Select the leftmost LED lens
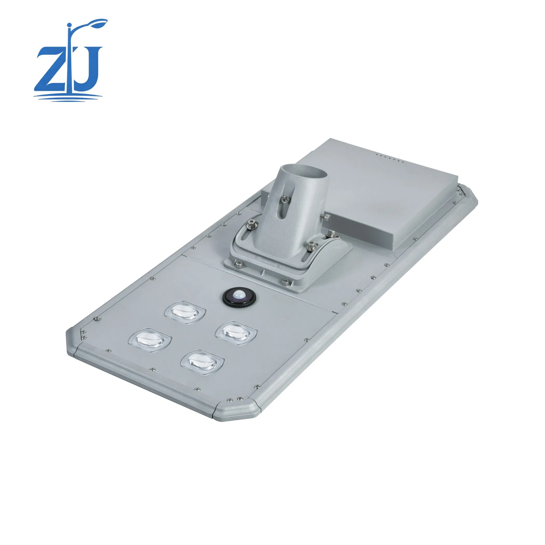tap(150, 340)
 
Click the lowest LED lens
tap(202, 362)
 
